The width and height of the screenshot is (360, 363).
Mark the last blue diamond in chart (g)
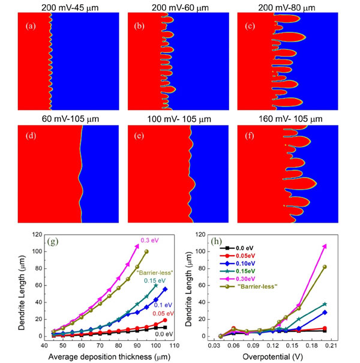pyautogui.click(x=164, y=289)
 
